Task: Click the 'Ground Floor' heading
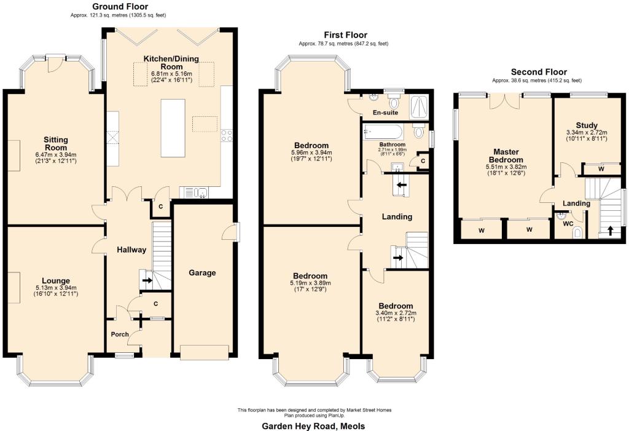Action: click(117, 6)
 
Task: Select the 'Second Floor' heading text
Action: click(539, 72)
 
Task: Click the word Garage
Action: click(202, 272)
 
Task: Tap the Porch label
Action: click(119, 334)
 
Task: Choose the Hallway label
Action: click(131, 250)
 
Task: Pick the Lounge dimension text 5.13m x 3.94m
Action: click(56, 287)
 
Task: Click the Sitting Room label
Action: click(55, 144)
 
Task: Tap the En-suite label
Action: click(386, 113)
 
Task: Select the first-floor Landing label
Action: click(396, 216)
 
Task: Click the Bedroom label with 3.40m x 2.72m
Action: click(396, 306)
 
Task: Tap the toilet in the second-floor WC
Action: click(577, 232)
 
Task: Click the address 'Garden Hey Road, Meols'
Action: click(313, 425)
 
